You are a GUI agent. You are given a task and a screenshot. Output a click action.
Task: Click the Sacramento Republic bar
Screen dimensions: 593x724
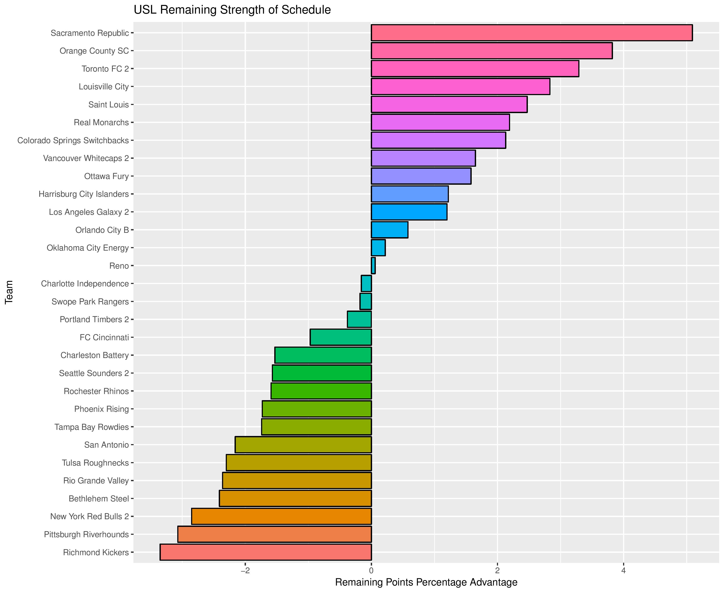pos(531,33)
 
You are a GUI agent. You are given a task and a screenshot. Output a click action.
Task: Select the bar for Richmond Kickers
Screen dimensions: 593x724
pos(265,552)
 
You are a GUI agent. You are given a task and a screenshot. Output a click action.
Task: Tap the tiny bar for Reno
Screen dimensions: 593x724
pos(373,266)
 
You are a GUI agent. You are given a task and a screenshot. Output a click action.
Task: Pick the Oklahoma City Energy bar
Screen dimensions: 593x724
pos(378,248)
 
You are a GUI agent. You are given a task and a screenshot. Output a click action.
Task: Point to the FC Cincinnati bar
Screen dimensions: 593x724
pos(340,337)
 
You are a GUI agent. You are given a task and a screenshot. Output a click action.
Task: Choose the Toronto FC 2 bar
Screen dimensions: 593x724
pos(475,69)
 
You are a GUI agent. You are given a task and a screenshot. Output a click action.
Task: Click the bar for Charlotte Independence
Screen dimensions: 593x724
pos(366,284)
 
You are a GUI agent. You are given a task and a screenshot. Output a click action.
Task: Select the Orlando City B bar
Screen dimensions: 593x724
pos(389,230)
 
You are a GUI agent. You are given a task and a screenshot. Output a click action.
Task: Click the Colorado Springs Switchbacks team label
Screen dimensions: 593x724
pos(73,140)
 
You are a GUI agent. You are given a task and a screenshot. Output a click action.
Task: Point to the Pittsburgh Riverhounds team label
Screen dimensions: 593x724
pos(86,534)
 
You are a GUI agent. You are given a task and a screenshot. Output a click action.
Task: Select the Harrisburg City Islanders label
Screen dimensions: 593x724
pos(84,194)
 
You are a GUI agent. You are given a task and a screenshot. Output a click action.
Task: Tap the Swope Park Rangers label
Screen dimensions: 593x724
pos(90,302)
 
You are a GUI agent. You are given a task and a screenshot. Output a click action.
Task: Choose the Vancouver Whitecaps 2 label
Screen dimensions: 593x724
pos(86,158)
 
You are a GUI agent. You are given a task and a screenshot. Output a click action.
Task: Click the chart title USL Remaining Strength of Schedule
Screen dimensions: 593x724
pos(232,10)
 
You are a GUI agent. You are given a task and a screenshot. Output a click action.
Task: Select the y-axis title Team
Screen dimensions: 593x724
pos(9,292)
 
